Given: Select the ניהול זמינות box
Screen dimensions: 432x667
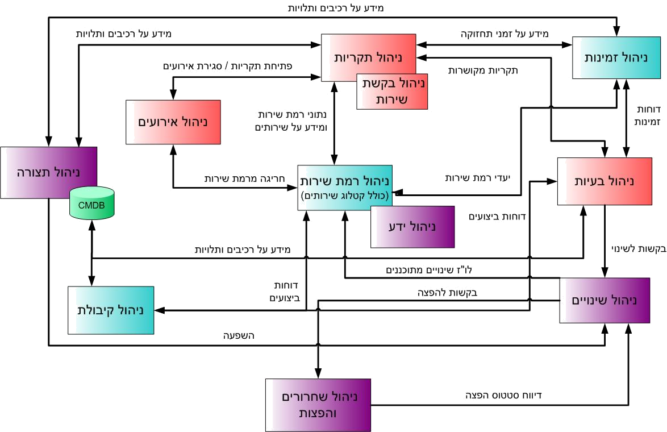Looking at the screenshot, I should (610, 57).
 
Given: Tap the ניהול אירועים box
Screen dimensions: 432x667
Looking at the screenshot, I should (173, 122).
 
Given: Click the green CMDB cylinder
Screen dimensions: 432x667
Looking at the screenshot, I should (91, 205).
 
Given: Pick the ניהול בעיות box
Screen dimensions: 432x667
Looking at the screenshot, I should (603, 181).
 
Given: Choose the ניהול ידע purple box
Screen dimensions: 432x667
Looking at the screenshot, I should (412, 227).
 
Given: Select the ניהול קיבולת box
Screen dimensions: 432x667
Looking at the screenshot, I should (111, 310).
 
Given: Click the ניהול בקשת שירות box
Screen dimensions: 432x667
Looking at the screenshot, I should (392, 91).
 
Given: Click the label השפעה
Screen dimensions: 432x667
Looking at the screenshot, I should (238, 336).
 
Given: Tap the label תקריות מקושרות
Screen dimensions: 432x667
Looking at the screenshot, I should (483, 70).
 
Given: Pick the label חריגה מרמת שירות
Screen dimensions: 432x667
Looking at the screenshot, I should (237, 178).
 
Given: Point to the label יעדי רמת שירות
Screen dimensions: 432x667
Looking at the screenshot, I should (477, 178).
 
